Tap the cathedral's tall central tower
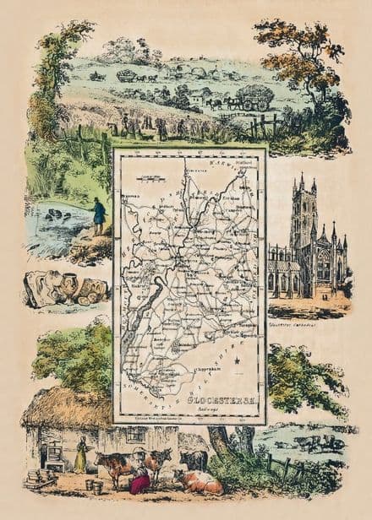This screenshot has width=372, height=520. click(302, 211)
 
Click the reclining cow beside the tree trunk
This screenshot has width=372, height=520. click(198, 482)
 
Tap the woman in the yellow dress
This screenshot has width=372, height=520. click(81, 456)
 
